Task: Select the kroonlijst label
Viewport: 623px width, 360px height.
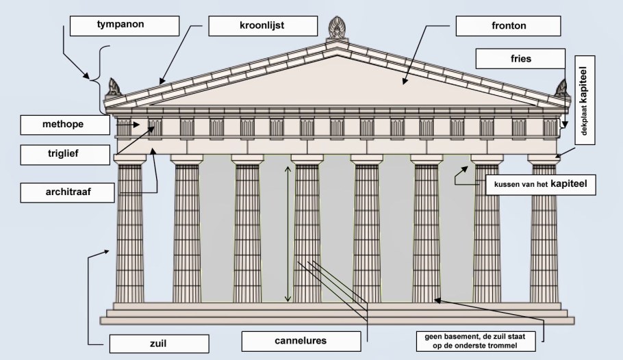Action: (263, 26)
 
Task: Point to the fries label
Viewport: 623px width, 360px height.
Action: (521, 59)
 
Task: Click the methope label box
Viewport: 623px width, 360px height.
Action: (65, 125)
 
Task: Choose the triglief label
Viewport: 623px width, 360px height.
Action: (65, 155)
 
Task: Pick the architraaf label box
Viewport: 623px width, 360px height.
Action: (65, 193)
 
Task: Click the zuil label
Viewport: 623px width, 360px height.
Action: (159, 343)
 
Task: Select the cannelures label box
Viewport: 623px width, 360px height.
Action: (301, 340)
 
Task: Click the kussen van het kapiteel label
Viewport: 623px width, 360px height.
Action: (540, 184)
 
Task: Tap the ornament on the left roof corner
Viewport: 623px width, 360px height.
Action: (114, 88)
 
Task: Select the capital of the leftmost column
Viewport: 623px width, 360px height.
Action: (129, 159)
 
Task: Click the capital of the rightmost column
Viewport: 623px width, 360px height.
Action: (544, 159)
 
